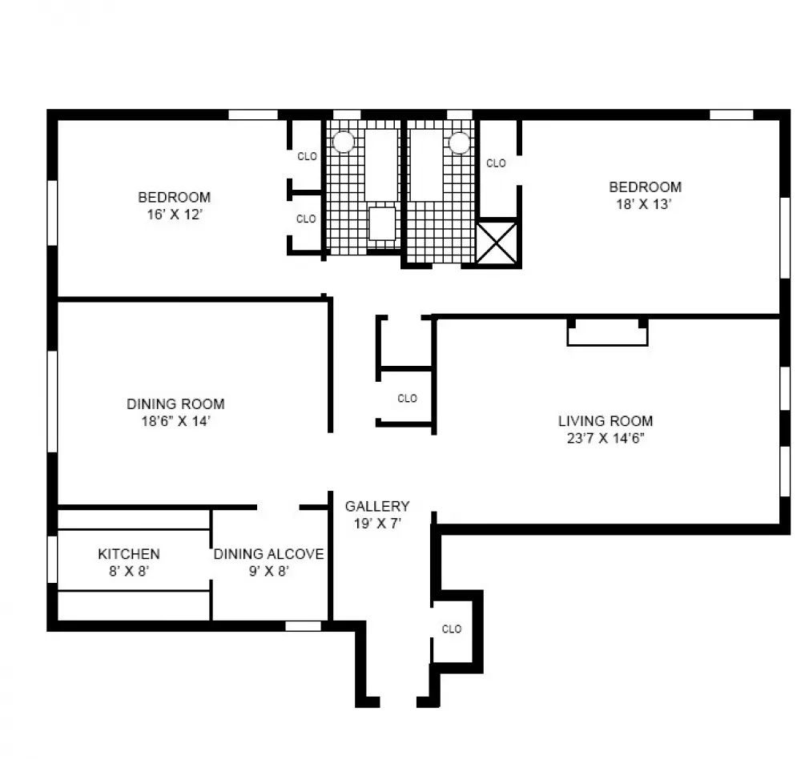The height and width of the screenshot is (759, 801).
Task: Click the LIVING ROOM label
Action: point(606,421)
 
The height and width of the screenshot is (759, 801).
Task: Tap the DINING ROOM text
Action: point(175,404)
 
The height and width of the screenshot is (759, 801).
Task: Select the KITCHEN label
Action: point(129,554)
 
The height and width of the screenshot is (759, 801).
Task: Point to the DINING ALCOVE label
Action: point(268,554)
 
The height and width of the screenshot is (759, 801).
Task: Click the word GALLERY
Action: point(377,506)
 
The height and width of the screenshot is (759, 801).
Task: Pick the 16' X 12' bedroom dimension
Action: point(175,215)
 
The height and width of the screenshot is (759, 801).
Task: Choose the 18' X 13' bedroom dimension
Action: point(644,204)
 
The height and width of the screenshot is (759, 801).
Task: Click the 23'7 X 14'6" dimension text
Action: point(606,438)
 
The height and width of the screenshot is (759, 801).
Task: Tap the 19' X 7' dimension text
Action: point(377,524)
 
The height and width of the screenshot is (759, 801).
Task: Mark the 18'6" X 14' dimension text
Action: point(176,421)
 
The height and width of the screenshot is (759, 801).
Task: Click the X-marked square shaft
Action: point(497,243)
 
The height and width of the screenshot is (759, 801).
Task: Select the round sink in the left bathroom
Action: point(344,142)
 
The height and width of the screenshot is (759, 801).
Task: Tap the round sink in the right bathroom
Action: point(459,143)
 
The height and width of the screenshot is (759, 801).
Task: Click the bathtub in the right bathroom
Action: point(427,165)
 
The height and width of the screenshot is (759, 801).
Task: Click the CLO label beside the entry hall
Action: point(452,628)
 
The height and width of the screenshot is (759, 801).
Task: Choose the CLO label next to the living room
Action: point(407,398)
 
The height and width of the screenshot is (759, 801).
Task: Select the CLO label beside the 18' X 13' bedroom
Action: point(496,163)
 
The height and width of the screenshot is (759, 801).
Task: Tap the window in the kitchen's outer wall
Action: point(52,559)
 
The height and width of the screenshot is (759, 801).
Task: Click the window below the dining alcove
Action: point(303,625)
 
